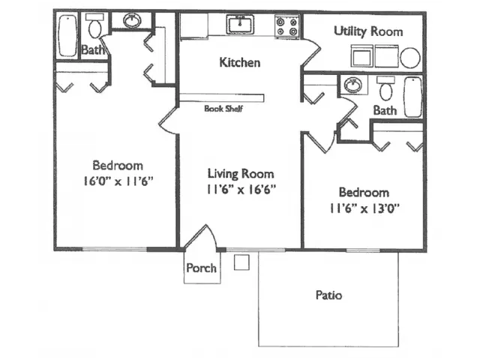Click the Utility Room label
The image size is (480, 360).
pos(368,31)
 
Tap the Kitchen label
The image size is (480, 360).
pos(240,62)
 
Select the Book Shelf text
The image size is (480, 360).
pos(223,108)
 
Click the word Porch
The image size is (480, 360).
pos(202,268)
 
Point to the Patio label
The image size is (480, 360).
pos(328,295)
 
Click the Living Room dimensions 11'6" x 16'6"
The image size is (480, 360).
pos(241,190)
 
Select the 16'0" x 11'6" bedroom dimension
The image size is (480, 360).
pos(118,181)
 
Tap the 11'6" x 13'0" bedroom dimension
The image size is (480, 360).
pos(364,208)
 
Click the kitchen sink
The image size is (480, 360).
pos(240,24)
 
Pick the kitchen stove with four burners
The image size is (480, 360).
pos(286,27)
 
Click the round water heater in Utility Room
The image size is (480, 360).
pos(410,58)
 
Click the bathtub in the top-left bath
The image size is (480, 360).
pos(67,35)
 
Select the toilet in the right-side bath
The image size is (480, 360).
pos(385,88)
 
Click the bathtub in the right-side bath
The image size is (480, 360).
pos(413,97)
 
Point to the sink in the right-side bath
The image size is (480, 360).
pos(353,85)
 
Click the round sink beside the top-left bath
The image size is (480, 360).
pos(132,20)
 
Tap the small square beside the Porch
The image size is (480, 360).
pos(241,262)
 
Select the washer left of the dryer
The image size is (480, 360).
pos(361,56)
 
